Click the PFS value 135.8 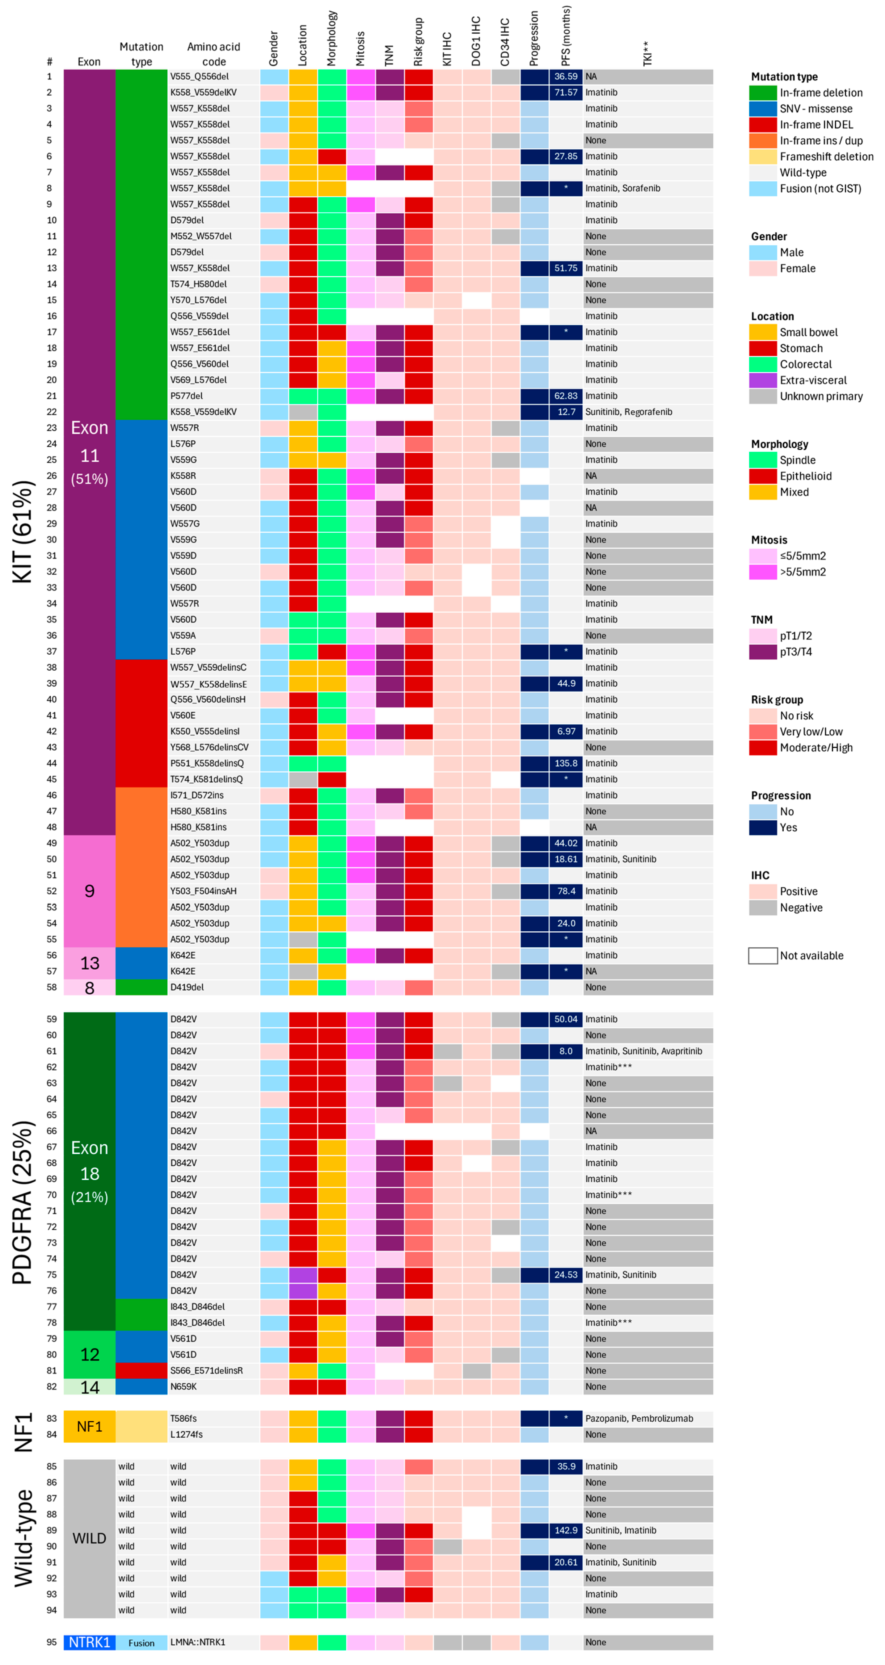566,763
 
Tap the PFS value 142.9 566,1530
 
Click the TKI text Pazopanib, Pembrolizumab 639,1418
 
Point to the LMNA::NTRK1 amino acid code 198,1642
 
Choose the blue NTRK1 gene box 89,1642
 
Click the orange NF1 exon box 89,1426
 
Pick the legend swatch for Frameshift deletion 763,157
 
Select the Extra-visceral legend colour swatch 763,380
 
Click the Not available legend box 763,955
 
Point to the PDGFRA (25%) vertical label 23,1202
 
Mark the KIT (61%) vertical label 23,531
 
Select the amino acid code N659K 183,1386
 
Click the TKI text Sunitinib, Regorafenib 628,412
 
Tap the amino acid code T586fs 183,1418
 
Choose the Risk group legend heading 776,699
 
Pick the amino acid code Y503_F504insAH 203,891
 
